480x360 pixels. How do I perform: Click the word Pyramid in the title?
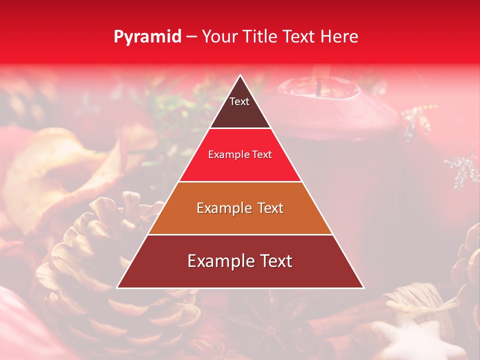(x=147, y=37)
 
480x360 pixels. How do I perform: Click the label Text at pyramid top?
(x=239, y=101)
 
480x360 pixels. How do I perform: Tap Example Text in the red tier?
(x=240, y=154)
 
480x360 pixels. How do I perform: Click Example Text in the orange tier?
(x=240, y=208)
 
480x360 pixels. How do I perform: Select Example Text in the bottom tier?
(x=240, y=261)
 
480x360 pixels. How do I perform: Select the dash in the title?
(x=191, y=37)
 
